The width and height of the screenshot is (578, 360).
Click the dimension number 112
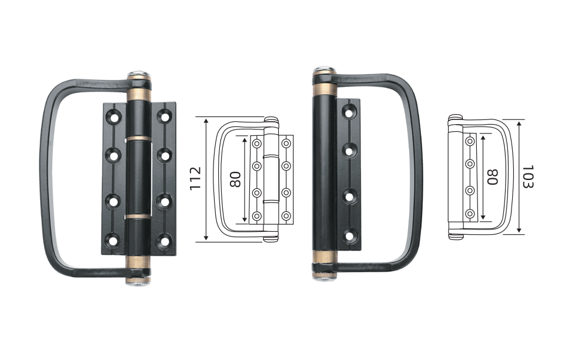[195, 178]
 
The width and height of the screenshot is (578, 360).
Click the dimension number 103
[528, 176]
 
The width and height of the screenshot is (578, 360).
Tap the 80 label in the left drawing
[235, 179]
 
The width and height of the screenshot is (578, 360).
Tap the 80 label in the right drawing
[492, 177]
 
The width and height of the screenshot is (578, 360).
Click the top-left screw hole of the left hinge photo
[113, 117]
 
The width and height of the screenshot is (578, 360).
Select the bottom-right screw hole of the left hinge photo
[163, 242]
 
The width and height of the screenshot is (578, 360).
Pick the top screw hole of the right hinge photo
[350, 111]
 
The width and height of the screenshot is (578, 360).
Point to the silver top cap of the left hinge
[139, 74]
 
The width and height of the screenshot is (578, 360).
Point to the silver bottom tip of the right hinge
[325, 278]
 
